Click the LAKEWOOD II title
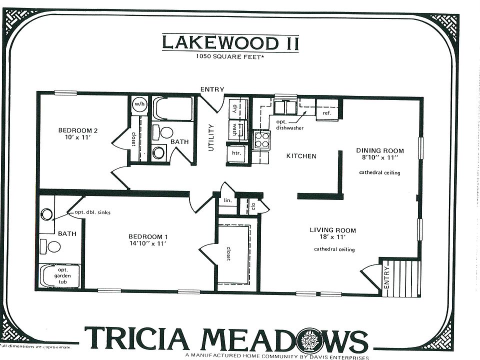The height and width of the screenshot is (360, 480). point(230,42)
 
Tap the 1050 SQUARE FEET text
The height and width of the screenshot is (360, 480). point(230,57)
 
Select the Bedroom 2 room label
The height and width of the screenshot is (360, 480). point(78,131)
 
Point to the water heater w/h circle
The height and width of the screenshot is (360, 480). point(139,104)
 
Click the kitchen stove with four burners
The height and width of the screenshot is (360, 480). point(262,140)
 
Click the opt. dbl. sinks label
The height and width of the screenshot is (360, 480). point(92,212)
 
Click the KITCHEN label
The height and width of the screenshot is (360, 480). point(301,156)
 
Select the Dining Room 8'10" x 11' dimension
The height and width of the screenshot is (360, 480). point(379,157)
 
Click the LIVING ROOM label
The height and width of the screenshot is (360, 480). point(332,230)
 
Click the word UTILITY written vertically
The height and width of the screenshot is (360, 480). point(211,138)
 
